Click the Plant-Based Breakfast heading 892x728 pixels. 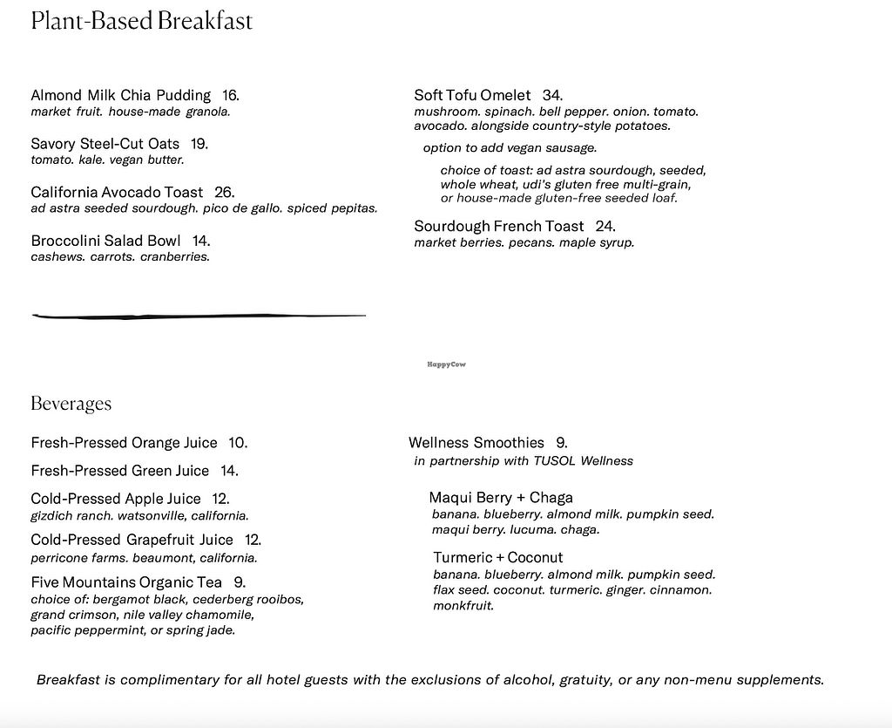tap(141, 21)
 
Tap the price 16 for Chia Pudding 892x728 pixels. tap(230, 95)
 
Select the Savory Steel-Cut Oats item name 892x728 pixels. tap(105, 144)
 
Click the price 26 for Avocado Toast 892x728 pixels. tap(224, 192)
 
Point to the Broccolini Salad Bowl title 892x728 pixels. tap(105, 241)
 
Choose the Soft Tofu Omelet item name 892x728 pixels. tap(472, 95)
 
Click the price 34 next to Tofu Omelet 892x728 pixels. tap(552, 95)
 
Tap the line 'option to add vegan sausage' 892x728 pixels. tap(510, 148)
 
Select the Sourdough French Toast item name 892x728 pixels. tap(499, 227)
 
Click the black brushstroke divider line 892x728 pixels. tap(199, 316)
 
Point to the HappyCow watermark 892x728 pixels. tap(446, 364)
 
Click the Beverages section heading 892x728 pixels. tap(71, 404)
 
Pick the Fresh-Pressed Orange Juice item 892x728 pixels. tap(124, 443)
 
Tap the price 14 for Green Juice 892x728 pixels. tap(229, 471)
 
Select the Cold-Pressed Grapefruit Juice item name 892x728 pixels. tap(132, 540)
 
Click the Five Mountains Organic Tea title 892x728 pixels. tap(126, 582)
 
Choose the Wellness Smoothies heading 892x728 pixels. tap(476, 443)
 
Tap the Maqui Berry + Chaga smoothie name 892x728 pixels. tap(500, 498)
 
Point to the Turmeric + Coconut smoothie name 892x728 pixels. tap(497, 557)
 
